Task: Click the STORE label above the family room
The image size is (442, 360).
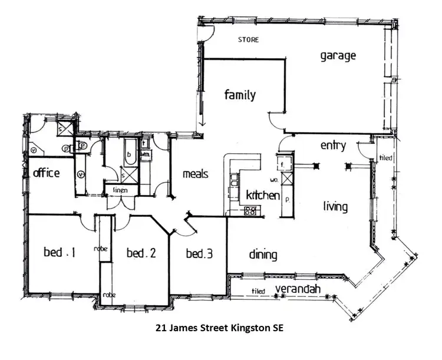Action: [248, 40]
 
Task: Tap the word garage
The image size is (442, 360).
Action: [338, 56]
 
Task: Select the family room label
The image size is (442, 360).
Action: [240, 94]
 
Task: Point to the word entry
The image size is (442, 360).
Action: [333, 146]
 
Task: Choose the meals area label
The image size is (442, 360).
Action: [196, 174]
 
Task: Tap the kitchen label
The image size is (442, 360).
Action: [262, 195]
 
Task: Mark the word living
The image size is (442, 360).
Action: [335, 207]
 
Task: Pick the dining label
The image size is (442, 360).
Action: [262, 255]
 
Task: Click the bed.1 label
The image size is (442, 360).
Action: [60, 253]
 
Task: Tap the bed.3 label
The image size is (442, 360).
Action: [199, 255]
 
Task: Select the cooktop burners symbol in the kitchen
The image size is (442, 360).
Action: [250, 210]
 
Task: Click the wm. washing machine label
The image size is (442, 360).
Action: [146, 154]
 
